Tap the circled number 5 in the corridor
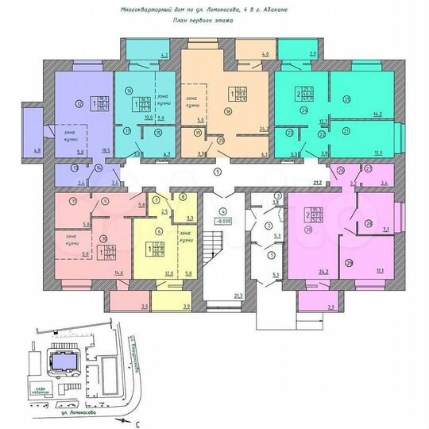click(216, 172)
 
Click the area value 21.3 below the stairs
click(237, 296)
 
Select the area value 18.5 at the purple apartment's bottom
click(101, 149)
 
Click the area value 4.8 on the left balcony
click(37, 150)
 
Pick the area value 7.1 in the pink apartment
click(384, 229)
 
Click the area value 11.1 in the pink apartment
click(381, 271)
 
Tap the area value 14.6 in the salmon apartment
click(119, 272)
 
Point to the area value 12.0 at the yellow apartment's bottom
click(168, 272)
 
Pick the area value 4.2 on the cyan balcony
click(164, 56)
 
